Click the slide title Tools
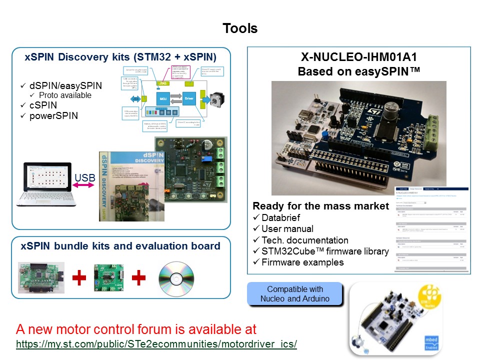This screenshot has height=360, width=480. (x=240, y=28)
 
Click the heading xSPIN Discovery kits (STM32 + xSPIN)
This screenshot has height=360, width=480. (x=120, y=56)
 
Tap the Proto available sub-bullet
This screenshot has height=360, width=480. (x=65, y=95)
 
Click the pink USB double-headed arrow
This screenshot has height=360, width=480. (x=83, y=186)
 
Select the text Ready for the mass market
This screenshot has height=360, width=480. (x=320, y=206)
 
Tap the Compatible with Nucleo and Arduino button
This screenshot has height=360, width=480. (x=295, y=294)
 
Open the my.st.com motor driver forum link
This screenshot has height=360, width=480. (x=156, y=344)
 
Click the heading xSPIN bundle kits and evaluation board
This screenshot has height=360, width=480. (x=120, y=246)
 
